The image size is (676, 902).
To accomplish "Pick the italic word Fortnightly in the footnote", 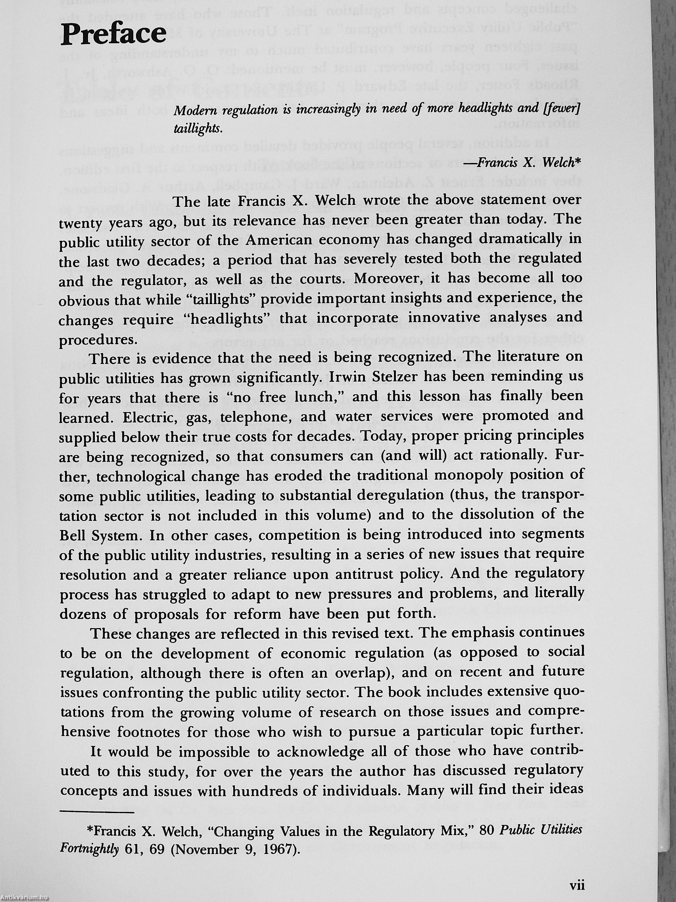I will coord(89,850).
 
